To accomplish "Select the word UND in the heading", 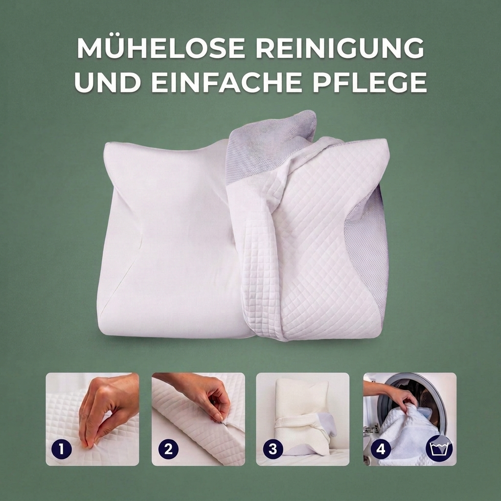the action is (107, 82).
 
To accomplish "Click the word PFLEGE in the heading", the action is (370, 82).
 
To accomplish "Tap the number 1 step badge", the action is (61, 449).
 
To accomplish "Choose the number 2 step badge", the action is (168, 449).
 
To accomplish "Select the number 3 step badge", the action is (273, 449).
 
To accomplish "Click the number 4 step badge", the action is (381, 449).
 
